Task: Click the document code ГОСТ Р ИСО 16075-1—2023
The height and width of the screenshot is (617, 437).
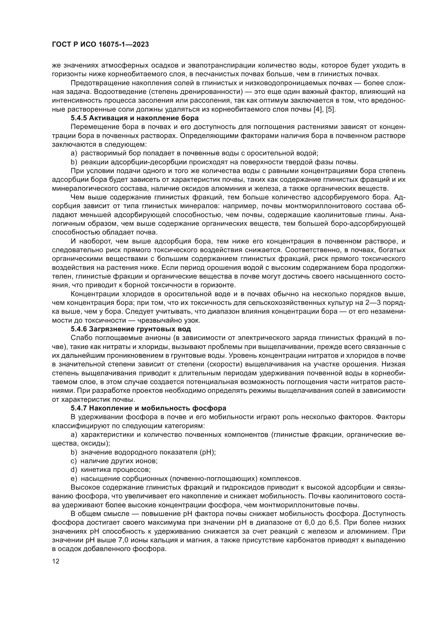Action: coord(100,45)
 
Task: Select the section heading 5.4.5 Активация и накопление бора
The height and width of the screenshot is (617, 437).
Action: coord(134,118)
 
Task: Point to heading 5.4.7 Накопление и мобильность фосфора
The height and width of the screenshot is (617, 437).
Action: coord(148,408)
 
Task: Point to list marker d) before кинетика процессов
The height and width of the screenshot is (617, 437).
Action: coord(74,470)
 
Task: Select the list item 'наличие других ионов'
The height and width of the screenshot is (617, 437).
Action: coord(119,461)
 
